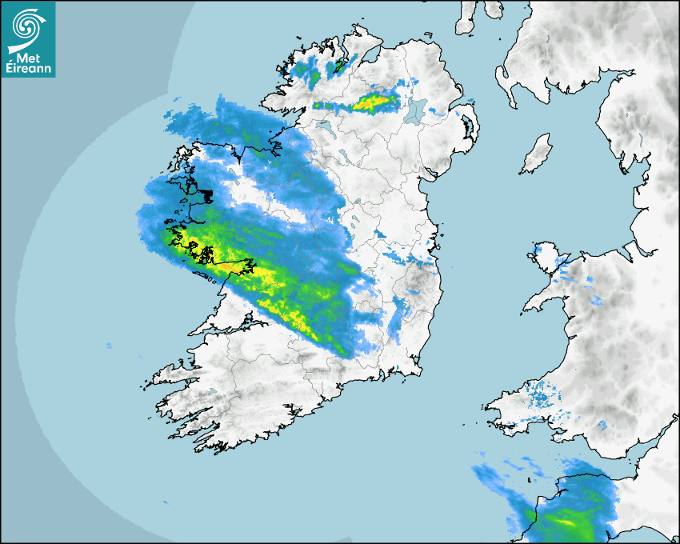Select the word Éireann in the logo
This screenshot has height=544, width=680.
[29, 68]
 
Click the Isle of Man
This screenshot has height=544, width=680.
[537, 154]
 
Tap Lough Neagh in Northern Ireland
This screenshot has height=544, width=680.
[414, 111]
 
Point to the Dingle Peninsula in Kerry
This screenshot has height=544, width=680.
[171, 373]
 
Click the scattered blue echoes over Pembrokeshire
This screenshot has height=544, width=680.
[543, 395]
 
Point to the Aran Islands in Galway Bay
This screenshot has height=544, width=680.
[209, 279]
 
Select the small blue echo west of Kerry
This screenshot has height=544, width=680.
[109, 346]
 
